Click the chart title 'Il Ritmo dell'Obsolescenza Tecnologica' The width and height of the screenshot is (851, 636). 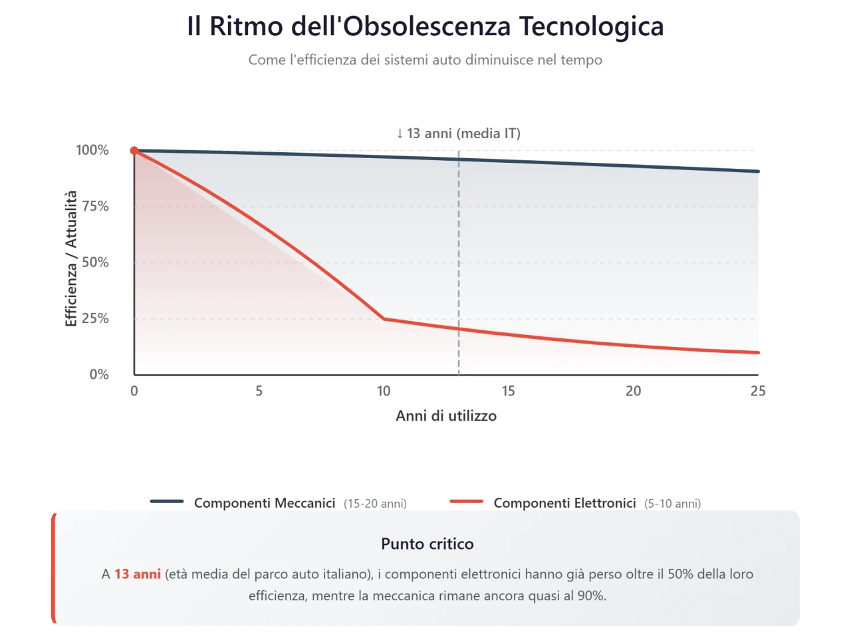(425, 27)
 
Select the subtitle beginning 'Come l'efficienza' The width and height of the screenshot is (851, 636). (425, 60)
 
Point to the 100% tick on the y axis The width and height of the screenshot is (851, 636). (92, 150)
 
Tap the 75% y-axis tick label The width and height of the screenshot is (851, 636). (95, 206)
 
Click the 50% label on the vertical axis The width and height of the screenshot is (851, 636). (95, 263)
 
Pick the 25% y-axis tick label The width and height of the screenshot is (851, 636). (95, 318)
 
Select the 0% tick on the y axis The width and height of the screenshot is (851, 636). (99, 375)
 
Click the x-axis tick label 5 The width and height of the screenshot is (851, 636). (259, 391)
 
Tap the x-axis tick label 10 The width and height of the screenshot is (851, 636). (384, 391)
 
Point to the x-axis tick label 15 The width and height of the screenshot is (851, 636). (509, 391)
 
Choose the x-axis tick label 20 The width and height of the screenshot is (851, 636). (634, 391)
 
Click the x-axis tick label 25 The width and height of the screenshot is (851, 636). (758, 391)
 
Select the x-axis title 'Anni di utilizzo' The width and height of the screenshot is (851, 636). (446, 416)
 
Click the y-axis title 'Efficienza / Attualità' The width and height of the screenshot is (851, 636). (71, 259)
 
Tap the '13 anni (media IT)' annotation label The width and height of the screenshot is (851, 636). (459, 134)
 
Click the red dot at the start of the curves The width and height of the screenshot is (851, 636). (134, 151)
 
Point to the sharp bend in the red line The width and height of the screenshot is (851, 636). (384, 319)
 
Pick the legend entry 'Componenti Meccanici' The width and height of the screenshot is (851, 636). (265, 503)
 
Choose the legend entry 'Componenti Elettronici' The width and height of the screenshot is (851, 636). (564, 503)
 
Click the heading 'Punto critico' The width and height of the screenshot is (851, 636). (427, 544)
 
